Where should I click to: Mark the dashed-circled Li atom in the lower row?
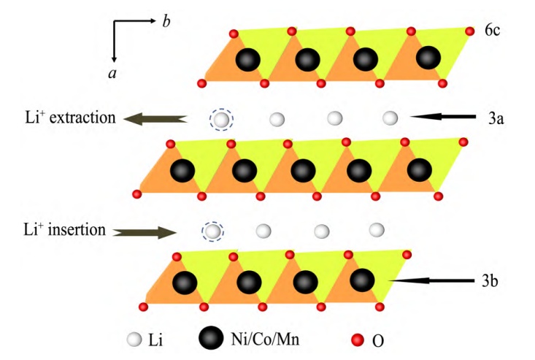point(212,231)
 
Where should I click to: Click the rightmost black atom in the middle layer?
point(419,171)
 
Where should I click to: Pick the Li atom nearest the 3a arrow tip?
point(390,117)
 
